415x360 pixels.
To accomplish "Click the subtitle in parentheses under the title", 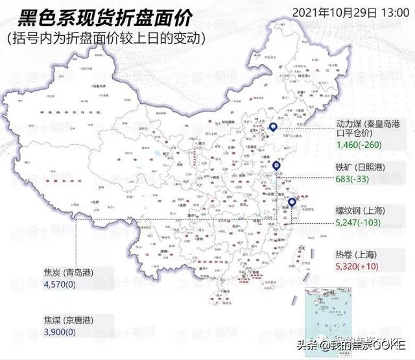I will (x=106, y=38).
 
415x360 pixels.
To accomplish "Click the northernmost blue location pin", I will (x=273, y=128).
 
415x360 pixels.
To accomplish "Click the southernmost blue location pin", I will (x=292, y=203).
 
